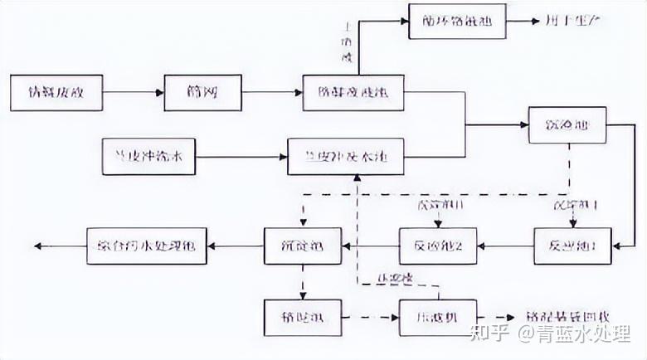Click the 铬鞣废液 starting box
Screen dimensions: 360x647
(x=57, y=92)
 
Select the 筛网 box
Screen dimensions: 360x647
(x=202, y=92)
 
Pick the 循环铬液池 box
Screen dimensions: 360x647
(x=457, y=21)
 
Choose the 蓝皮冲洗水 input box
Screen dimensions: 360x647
(x=149, y=155)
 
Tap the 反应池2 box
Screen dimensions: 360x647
(x=436, y=246)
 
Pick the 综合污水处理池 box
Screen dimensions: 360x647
(x=147, y=246)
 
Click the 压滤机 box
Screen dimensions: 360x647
(x=437, y=317)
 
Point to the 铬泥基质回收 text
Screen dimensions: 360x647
(x=567, y=318)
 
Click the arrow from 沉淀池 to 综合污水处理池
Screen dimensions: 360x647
(x=236, y=246)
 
